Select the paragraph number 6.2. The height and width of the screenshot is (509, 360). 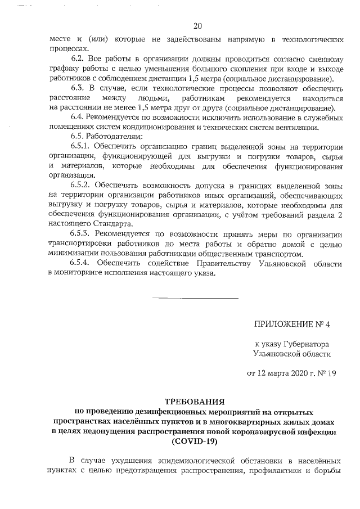point(78,60)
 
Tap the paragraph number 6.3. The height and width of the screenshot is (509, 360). point(78,89)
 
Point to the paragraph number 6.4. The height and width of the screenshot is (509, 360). point(78,118)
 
